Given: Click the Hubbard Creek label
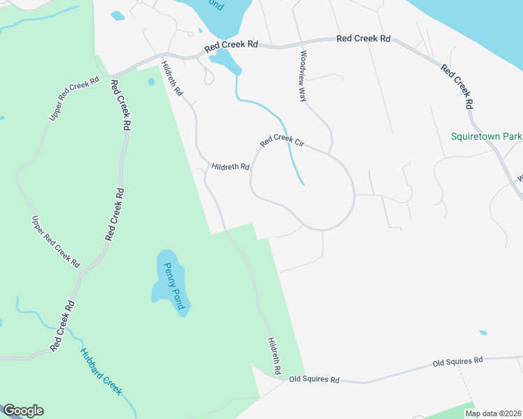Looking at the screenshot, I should click(x=101, y=372).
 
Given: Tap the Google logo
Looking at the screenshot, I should click(x=22, y=411).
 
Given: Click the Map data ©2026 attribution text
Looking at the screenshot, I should click(x=493, y=413).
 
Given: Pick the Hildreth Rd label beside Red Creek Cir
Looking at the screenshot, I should click(x=231, y=167).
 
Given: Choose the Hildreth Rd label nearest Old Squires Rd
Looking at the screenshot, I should click(x=274, y=354).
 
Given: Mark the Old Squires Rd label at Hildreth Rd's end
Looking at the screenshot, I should click(x=315, y=381).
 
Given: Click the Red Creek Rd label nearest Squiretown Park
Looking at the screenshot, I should click(x=457, y=87).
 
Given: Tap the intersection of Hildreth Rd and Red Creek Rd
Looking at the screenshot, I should click(x=162, y=56).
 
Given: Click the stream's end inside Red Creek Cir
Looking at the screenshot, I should click(x=303, y=184).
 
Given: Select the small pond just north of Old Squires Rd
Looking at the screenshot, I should click(x=483, y=332).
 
